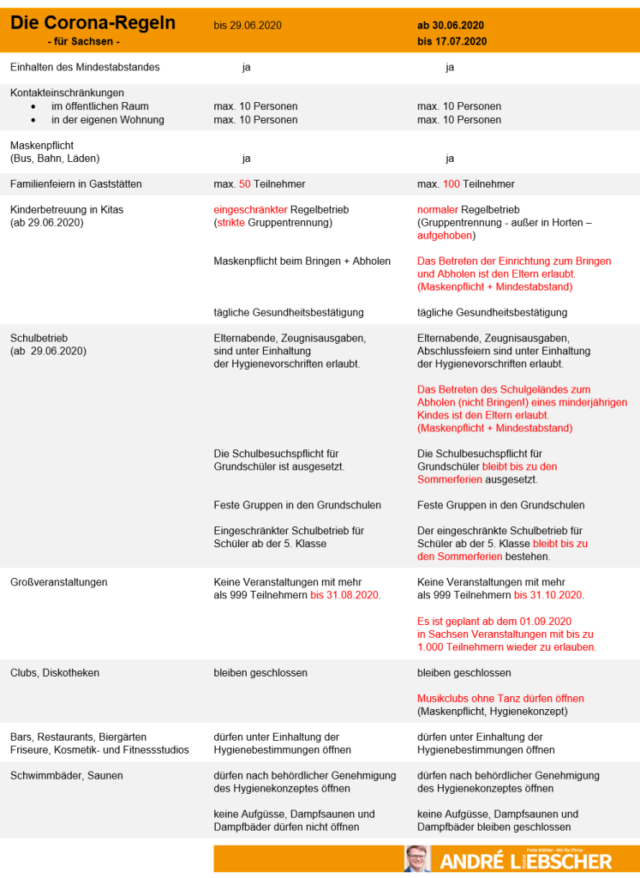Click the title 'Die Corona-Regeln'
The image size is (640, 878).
[93, 23]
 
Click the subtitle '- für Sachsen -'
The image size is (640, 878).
[84, 41]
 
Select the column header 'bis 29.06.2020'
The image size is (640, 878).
[248, 26]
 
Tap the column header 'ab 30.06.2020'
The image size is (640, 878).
[451, 26]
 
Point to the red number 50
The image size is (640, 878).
[244, 184]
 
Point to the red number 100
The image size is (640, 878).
[452, 184]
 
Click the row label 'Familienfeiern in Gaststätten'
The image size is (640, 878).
[76, 184]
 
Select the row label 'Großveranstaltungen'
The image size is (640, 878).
[58, 582]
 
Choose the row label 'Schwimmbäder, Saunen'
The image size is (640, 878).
[66, 776]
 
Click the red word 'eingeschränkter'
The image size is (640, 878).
[250, 210]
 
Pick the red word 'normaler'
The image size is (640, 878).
[437, 210]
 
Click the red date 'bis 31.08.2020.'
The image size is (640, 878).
[345, 595]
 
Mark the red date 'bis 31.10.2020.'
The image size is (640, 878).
[549, 595]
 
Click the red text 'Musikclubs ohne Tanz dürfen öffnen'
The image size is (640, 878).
[500, 699]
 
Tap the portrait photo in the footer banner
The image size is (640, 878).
[418, 858]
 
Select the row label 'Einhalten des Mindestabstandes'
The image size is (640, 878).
[84, 67]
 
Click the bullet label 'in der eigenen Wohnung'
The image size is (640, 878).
[107, 120]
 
